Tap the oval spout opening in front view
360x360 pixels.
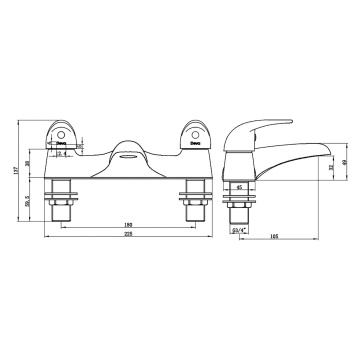pyautogui.click(x=127, y=152)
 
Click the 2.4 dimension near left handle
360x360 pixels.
pyautogui.click(x=62, y=153)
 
